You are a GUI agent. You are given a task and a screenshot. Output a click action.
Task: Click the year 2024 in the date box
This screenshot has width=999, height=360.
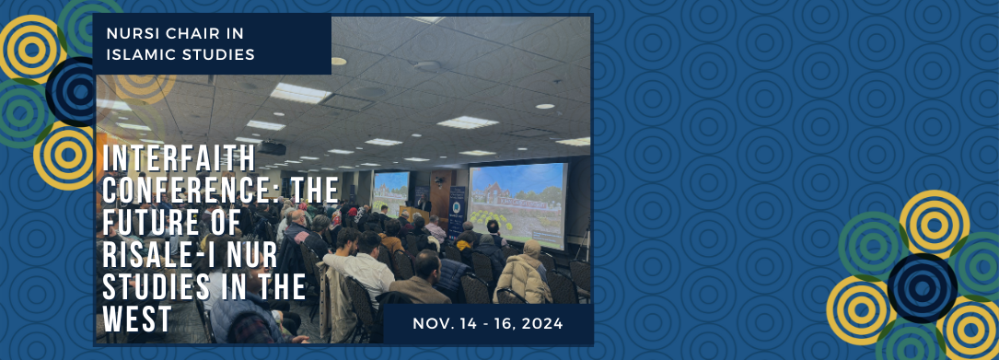tap(541, 324)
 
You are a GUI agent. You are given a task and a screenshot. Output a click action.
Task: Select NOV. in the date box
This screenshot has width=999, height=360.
tap(430, 324)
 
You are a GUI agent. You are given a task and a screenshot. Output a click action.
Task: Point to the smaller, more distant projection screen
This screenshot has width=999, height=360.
tap(389, 193)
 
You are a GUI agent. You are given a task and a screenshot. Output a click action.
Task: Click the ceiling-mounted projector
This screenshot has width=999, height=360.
tap(273, 148)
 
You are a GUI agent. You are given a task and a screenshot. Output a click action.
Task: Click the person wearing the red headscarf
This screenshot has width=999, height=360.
tap(335, 220)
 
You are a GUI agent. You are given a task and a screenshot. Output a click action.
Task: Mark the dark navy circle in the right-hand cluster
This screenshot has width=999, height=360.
tap(922, 288)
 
